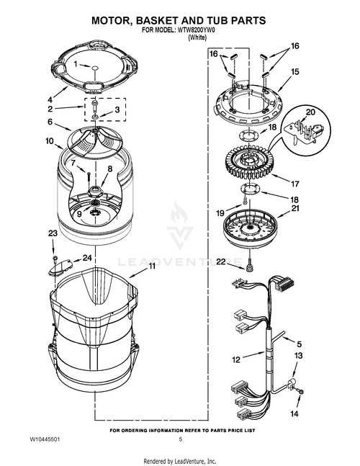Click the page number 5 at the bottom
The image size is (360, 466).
point(181,439)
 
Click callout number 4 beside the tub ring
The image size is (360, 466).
point(50,99)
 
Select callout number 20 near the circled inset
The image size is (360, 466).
point(310,112)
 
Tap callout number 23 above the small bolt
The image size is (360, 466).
point(52,233)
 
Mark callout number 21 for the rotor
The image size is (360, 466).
point(294,209)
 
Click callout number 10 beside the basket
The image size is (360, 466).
point(50,142)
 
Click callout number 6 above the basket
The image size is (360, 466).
point(50,122)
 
